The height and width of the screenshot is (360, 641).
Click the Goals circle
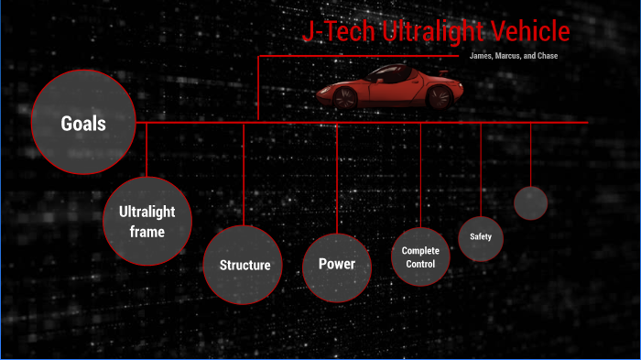click(x=83, y=123)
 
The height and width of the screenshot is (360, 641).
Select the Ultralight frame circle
click(x=147, y=221)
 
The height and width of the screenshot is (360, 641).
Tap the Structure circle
click(x=244, y=265)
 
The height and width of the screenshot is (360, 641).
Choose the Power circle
click(x=336, y=265)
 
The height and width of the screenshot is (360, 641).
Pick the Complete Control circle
click(x=420, y=256)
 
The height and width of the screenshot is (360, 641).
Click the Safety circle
click(x=481, y=237)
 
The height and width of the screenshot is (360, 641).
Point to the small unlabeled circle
click(x=530, y=202)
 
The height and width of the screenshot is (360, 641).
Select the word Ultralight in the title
click(x=429, y=33)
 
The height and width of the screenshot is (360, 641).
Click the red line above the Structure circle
click(x=244, y=174)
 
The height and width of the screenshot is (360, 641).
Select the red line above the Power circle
click(x=337, y=179)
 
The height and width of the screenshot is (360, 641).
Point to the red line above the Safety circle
click(x=481, y=169)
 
